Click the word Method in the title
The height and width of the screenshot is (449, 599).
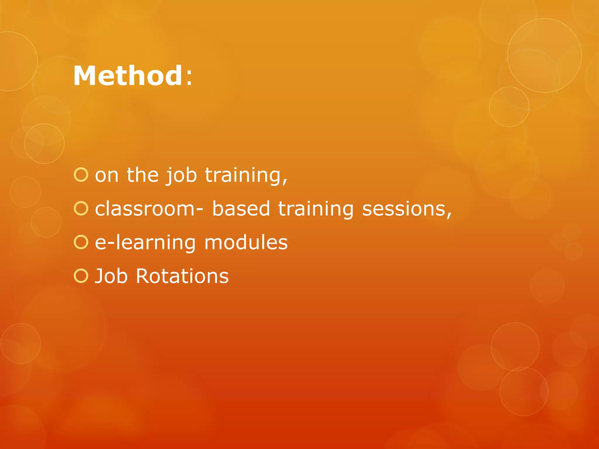point(128,76)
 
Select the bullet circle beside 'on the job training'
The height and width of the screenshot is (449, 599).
point(81,175)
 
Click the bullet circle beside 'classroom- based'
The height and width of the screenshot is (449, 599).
point(81,209)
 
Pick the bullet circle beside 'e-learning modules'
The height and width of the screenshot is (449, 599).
point(81,242)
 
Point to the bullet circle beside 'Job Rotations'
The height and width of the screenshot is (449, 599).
point(81,276)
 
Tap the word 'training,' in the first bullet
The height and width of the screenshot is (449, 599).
point(246,175)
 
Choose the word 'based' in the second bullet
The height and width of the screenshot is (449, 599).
point(241,209)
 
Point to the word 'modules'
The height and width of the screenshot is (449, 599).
point(246,242)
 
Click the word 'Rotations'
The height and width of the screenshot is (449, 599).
point(182,276)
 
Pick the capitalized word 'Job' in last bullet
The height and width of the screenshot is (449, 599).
point(111,276)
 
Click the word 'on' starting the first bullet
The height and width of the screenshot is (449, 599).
point(107,175)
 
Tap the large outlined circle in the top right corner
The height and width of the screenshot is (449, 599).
point(544,56)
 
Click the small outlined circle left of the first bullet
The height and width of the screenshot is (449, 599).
point(44,143)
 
